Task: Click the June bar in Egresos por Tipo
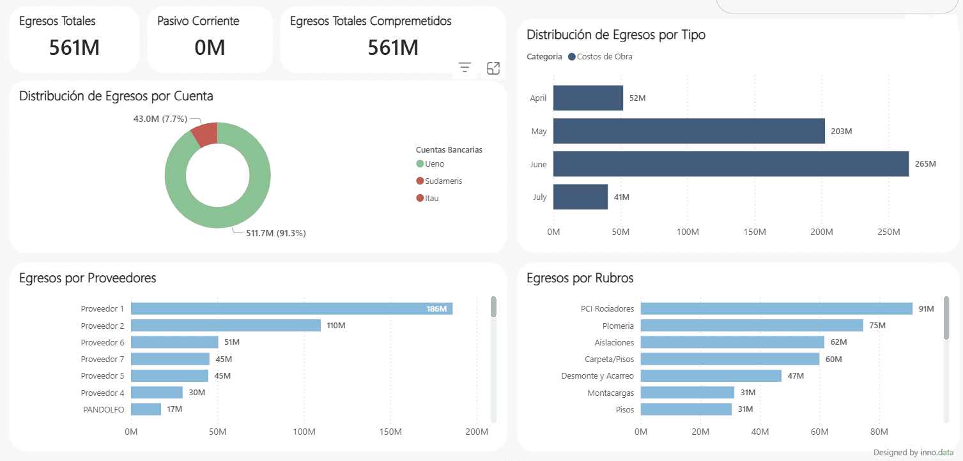coord(730,164)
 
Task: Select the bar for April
coord(588,98)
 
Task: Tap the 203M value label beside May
coord(842,132)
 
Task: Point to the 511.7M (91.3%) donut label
coord(276,233)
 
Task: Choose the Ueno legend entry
coord(434,164)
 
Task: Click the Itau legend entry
coord(431,198)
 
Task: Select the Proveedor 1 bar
coord(291,309)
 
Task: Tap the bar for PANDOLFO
coord(146,409)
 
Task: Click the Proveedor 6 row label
coord(102,343)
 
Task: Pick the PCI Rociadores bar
coord(776,309)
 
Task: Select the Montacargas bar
coord(687,393)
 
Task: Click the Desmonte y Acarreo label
coord(597,376)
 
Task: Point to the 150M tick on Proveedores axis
coord(390,432)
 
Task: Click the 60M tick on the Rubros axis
coord(820,432)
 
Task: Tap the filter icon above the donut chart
coord(465,68)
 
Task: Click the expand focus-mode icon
coord(493,68)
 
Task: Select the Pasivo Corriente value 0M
coord(210,47)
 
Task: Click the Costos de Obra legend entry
coord(604,57)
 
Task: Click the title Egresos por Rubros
coord(580,278)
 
